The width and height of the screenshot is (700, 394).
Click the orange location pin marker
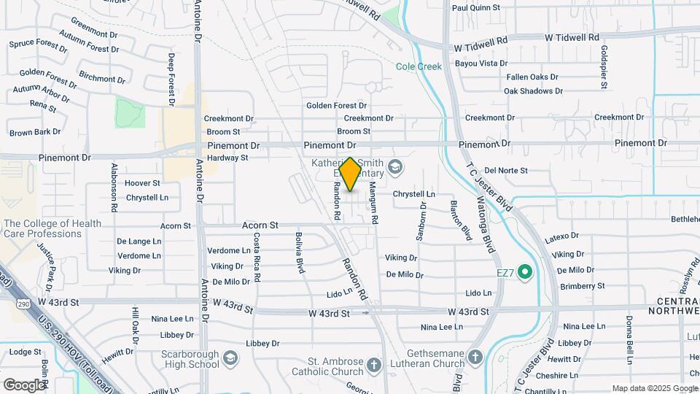click(x=351, y=174)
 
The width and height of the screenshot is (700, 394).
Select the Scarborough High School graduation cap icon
click(x=230, y=358)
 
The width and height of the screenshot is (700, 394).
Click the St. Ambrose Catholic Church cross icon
click(x=374, y=364)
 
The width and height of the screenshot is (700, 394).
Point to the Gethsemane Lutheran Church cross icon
click(x=475, y=357)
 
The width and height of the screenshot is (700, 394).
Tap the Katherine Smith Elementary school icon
click(x=394, y=168)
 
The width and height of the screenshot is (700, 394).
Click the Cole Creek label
click(x=419, y=66)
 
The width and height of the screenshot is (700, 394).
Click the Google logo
click(x=23, y=385)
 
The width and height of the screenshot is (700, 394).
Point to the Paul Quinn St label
click(x=475, y=7)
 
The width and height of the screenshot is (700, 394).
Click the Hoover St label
click(x=142, y=183)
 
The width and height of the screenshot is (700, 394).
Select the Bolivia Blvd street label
click(x=300, y=252)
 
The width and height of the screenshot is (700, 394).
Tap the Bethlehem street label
click(x=685, y=219)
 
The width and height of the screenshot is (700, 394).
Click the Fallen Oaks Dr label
click(x=532, y=77)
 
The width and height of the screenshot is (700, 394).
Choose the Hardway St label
click(x=227, y=158)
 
